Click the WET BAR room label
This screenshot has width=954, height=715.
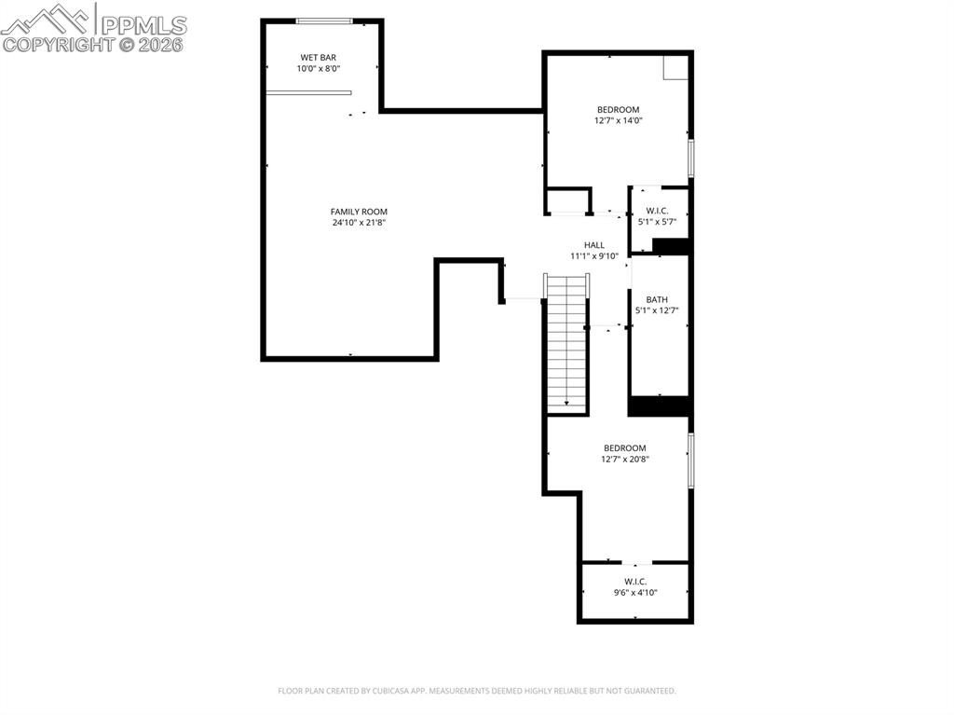pos(318,57)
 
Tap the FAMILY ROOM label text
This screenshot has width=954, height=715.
pos(359,212)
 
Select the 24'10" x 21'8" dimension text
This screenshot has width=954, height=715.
pos(359,223)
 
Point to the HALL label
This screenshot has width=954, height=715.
pos(594,245)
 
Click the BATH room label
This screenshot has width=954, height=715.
pos(657,299)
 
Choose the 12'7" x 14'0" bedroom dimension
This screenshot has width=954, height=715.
pos(619,120)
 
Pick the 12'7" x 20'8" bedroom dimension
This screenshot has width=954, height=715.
pos(624,459)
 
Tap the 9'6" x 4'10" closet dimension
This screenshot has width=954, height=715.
pos(635,592)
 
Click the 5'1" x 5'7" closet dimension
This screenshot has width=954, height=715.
pos(657,222)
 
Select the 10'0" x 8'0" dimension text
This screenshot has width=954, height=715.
pos(318,68)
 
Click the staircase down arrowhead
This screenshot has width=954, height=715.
pos(566,403)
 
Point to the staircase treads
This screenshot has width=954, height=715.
pos(566,345)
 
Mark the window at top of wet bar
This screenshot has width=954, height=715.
pos(323,21)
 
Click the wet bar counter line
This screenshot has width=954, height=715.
pos(308,92)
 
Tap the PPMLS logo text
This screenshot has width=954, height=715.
pos(143,24)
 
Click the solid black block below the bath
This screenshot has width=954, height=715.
pos(659,406)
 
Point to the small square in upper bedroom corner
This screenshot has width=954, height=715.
pos(675,67)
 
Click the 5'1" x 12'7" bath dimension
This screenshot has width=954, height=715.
pos(657,310)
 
